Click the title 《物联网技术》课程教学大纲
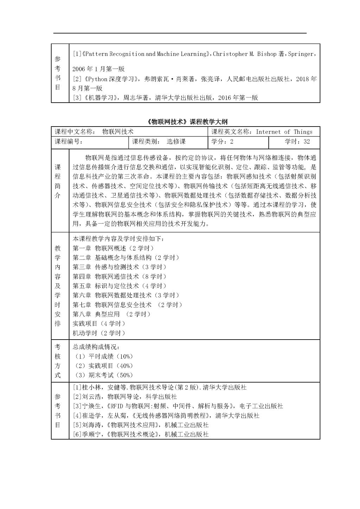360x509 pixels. [186, 122]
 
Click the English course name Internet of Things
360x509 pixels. [284, 132]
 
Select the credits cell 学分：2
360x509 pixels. [222, 142]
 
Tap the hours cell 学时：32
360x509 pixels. [297, 142]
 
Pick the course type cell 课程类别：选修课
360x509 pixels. [159, 142]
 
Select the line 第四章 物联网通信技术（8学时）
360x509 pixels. [120, 277]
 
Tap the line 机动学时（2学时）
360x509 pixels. [99, 333]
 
